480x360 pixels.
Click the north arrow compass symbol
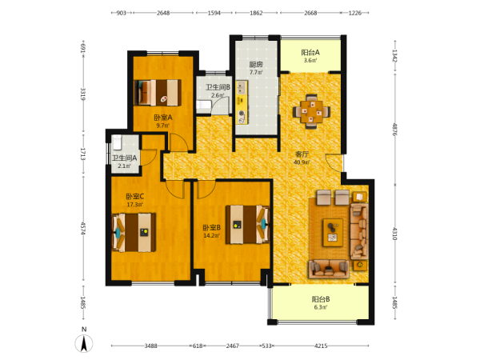tap(84, 343)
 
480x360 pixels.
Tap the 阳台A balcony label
tap(310, 53)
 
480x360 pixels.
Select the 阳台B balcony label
tap(321, 299)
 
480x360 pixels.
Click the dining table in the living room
tap(312, 110)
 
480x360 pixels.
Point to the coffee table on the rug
tap(333, 232)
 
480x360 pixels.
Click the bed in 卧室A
tap(158, 93)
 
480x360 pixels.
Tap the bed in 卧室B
tap(247, 224)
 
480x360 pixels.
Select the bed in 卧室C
tap(134, 232)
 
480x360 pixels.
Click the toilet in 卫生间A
tap(118, 142)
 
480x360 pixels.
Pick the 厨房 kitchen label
tap(256, 65)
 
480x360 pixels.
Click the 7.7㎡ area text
tap(256, 73)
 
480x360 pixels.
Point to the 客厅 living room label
tap(302, 154)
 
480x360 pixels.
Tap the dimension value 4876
tap(395, 130)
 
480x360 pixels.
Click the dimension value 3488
tap(150, 346)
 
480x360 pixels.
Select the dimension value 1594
tap(214, 13)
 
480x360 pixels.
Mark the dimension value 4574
tap(82, 228)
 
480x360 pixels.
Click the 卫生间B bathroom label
tap(218, 87)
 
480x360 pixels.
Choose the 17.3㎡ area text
tap(135, 204)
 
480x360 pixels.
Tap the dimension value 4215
tap(321, 346)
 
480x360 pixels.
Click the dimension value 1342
tap(395, 56)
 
